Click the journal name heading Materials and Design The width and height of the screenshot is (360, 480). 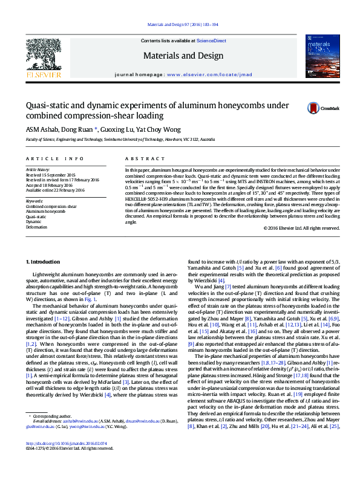(x=180, y=55)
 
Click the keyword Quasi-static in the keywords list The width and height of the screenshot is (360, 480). (x=36, y=216)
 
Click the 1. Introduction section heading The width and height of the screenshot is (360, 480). (x=44, y=261)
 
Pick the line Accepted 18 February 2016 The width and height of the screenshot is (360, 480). (x=50, y=185)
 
